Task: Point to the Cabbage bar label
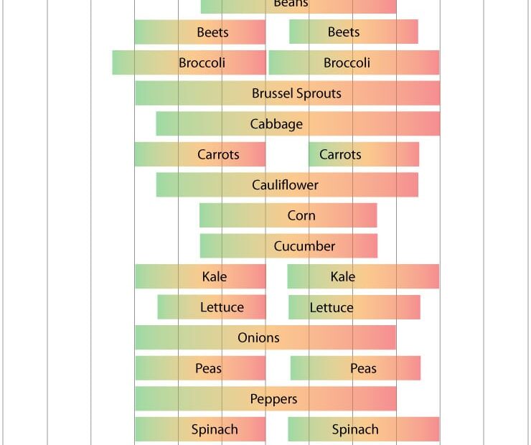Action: [x=276, y=124]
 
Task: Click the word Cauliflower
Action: [x=285, y=185]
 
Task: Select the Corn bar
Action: [x=288, y=215]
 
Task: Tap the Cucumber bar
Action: [x=288, y=246]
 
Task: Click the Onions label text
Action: [x=258, y=337]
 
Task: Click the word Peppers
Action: [x=273, y=399]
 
